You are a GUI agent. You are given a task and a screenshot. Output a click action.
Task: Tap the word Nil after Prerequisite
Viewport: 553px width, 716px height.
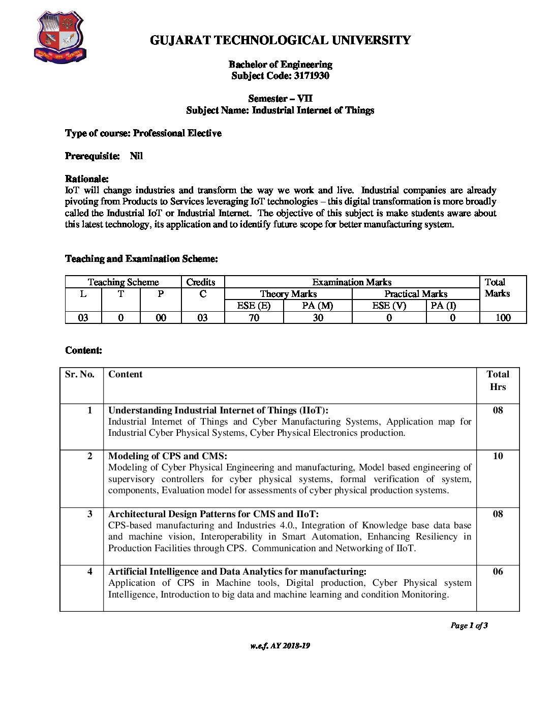point(136,156)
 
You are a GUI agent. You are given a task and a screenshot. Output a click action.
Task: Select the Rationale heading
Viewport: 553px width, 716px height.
point(87,179)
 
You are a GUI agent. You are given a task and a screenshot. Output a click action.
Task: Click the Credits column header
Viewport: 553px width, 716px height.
point(201,282)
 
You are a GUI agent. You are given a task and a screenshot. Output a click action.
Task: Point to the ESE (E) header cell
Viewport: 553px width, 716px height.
point(254,306)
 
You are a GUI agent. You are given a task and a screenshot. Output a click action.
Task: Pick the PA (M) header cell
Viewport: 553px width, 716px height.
point(318,306)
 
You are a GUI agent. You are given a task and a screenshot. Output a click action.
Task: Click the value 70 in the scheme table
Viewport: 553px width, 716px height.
point(254,318)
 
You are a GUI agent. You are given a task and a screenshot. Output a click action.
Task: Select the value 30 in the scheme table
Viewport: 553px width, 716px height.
point(318,318)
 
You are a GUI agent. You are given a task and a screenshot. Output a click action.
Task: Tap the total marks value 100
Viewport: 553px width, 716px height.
point(503,318)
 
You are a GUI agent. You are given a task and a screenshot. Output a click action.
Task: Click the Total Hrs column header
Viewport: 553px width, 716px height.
point(498,380)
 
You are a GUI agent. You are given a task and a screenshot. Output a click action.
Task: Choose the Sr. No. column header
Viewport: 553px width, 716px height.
point(80,374)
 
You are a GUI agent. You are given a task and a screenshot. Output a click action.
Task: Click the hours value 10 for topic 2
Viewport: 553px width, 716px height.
point(498,456)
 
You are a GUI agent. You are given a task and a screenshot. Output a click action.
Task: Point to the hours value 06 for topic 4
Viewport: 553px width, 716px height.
point(498,572)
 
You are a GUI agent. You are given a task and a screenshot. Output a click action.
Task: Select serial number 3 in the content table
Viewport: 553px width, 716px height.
point(90,514)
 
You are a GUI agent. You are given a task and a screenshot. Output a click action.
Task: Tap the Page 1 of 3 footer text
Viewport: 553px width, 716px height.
point(469,625)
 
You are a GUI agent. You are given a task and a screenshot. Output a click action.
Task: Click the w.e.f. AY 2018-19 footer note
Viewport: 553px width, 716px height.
point(280,646)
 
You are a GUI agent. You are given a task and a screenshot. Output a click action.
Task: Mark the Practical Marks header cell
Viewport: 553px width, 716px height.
point(415,294)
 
